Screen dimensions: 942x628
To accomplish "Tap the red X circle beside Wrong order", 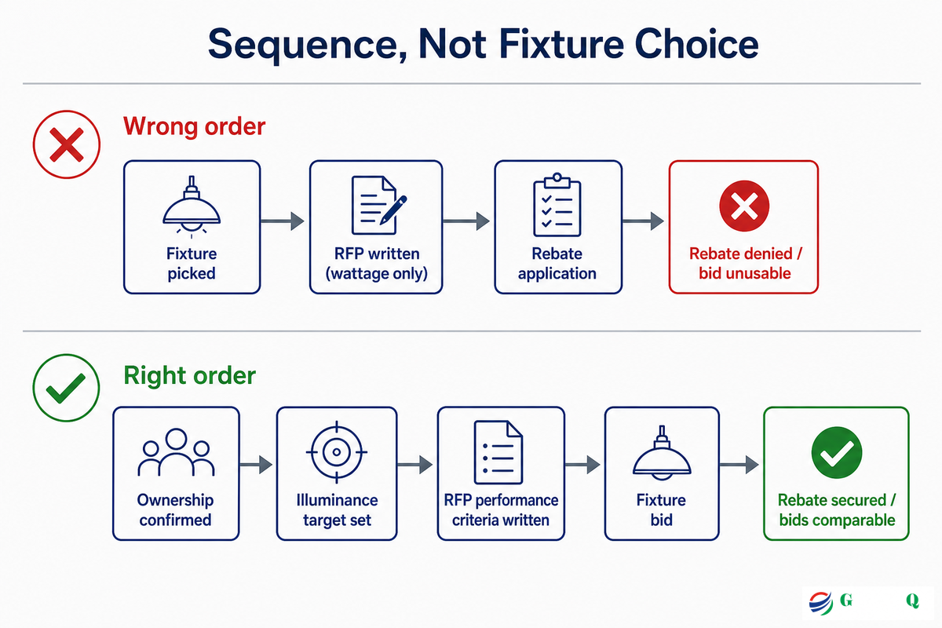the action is click(x=67, y=144).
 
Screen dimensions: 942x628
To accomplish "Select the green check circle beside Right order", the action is click(x=67, y=388).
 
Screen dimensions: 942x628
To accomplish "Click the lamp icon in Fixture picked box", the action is click(x=192, y=207).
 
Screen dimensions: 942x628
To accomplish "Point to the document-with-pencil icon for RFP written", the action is click(x=378, y=205).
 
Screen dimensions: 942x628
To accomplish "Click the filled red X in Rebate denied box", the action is click(x=744, y=206).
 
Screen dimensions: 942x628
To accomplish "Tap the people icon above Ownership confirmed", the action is click(x=176, y=452).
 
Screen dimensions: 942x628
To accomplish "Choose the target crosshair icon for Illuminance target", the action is click(x=337, y=452).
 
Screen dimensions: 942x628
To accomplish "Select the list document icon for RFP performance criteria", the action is click(x=498, y=452).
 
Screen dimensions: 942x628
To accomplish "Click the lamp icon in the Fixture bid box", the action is click(x=662, y=453).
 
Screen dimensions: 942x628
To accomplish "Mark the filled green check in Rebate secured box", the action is click(x=837, y=452).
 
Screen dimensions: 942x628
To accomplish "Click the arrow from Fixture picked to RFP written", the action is click(x=282, y=221).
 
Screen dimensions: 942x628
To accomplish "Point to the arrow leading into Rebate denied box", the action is click(x=643, y=221).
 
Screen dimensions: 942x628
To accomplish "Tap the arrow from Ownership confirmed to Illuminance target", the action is click(x=256, y=465).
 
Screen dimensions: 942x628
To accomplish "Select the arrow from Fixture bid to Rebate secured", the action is click(x=739, y=465).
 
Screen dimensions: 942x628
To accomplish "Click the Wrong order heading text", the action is click(x=195, y=126).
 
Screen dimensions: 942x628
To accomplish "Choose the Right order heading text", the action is click(x=190, y=375).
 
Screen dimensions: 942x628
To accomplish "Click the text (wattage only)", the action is click(x=376, y=273).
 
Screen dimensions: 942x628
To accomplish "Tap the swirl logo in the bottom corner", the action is click(x=820, y=602).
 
